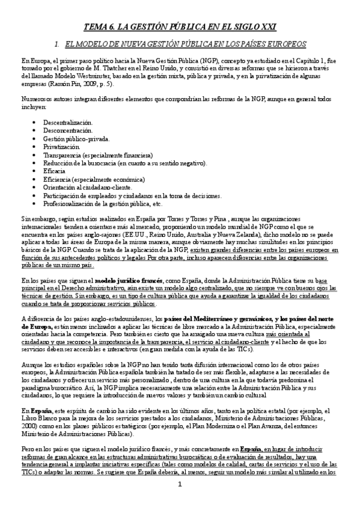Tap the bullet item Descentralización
pos(68,123)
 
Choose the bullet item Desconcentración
pos(68,131)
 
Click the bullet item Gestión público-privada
pos(76,138)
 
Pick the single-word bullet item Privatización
pos(61,146)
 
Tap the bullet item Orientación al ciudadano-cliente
pos(87,186)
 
